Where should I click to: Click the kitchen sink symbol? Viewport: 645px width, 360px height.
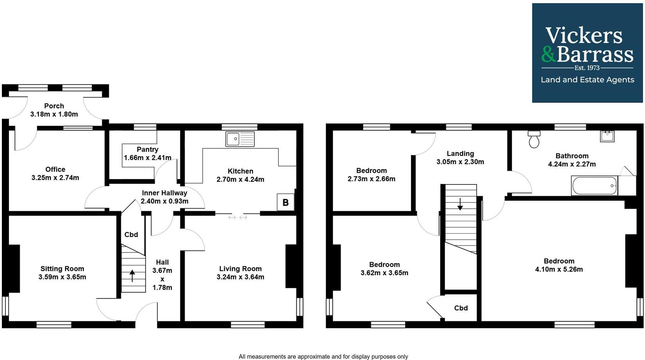pyautogui.click(x=240, y=139)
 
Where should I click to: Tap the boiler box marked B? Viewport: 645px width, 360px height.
pyautogui.click(x=286, y=202)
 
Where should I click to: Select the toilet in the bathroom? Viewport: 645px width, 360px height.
pyautogui.click(x=534, y=139)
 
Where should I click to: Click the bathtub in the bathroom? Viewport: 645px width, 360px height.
pyautogui.click(x=594, y=186)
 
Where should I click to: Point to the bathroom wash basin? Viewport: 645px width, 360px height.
pyautogui.click(x=607, y=136)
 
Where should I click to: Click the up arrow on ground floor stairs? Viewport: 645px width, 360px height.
pyautogui.click(x=132, y=276)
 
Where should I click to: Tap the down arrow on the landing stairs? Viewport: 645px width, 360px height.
pyautogui.click(x=460, y=204)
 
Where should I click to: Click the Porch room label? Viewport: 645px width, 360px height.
pyautogui.click(x=54, y=106)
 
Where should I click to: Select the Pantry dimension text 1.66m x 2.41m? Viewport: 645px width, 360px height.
pyautogui.click(x=147, y=158)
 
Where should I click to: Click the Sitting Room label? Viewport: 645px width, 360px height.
pyautogui.click(x=62, y=269)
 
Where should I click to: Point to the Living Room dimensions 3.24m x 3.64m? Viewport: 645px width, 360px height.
pyautogui.click(x=240, y=277)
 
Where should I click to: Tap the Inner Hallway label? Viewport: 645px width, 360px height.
pyautogui.click(x=164, y=193)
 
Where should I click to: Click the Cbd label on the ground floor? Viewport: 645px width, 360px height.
pyautogui.click(x=131, y=235)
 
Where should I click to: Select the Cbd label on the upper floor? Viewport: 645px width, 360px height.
pyautogui.click(x=461, y=308)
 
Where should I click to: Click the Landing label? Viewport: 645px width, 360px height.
pyautogui.click(x=460, y=154)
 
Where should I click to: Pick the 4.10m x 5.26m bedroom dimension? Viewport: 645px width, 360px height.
pyautogui.click(x=559, y=269)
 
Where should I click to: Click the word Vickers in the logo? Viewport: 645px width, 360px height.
pyautogui.click(x=584, y=36)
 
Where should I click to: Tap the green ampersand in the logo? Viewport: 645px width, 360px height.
pyautogui.click(x=548, y=54)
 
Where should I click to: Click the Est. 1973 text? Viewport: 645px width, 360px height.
pyautogui.click(x=587, y=68)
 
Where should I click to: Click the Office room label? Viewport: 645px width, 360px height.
pyautogui.click(x=55, y=169)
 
